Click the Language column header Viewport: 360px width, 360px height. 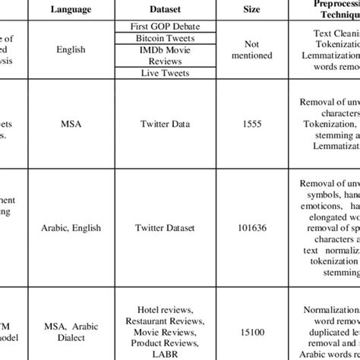tap(74, 8)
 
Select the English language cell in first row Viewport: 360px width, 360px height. tap(74, 49)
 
